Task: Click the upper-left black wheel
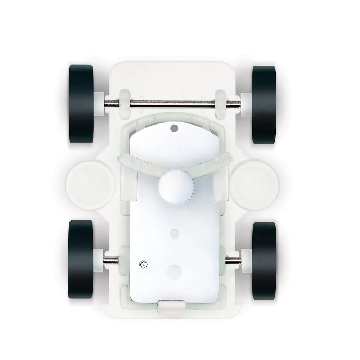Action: coord(81,104)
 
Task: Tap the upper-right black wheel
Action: coord(264,104)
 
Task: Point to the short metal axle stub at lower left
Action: coord(111,259)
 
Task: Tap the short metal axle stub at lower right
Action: coord(233,259)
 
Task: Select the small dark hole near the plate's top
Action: coord(174,127)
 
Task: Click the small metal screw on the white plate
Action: coord(143,265)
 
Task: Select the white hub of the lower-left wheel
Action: coord(98,259)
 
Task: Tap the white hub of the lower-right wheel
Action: coord(247,259)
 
